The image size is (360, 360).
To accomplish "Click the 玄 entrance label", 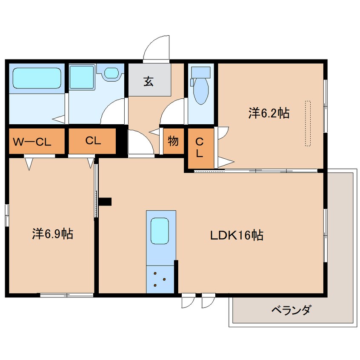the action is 149,81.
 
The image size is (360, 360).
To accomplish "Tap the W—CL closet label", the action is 32,142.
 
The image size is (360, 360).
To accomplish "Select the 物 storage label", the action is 173,141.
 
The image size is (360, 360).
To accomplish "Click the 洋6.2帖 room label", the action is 269,113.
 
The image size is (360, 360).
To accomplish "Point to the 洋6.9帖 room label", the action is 53,234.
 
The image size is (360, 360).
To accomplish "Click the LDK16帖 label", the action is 237,235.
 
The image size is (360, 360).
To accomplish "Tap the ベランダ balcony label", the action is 291,310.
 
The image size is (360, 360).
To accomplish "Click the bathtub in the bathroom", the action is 37,78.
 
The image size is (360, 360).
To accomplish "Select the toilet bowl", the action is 201,91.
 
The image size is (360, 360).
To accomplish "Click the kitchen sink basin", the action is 160,231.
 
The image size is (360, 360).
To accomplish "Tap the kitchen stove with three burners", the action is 160,280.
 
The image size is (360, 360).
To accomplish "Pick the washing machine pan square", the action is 82,77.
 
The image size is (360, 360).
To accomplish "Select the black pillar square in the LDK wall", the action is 105,202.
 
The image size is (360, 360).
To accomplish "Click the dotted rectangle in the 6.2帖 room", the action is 308,123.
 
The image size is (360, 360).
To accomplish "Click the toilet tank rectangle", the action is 201,72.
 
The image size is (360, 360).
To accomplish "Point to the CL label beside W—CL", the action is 93,140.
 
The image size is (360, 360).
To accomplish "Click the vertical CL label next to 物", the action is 199,148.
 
